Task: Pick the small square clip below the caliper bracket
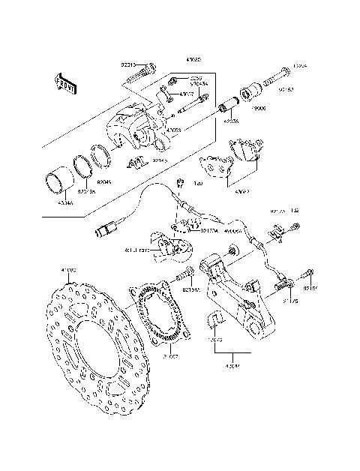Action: [216, 319]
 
